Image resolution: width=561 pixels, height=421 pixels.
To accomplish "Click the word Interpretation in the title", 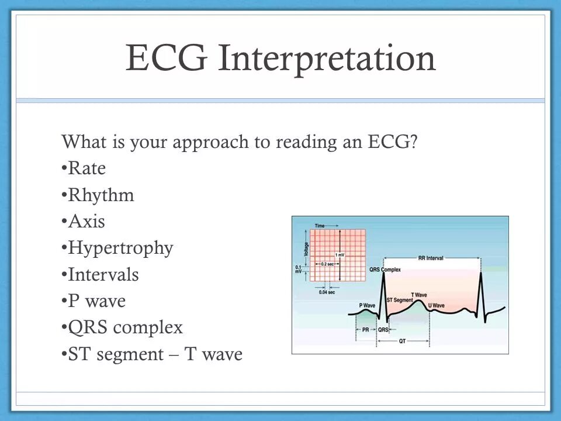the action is pyautogui.click(x=327, y=58).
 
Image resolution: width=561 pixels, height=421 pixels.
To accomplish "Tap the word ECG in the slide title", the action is pyautogui.click(x=167, y=57).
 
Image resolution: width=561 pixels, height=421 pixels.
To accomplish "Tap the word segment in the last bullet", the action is pyautogui.click(x=130, y=355).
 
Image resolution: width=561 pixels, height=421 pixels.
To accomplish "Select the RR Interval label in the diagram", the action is pyautogui.click(x=431, y=258).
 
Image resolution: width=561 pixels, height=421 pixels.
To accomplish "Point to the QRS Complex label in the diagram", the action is pyautogui.click(x=385, y=270).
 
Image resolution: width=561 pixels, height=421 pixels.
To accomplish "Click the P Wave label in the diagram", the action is pyautogui.click(x=367, y=305).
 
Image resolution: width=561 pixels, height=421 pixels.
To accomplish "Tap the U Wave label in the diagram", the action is pyautogui.click(x=436, y=305).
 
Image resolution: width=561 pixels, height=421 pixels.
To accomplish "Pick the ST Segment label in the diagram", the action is pyautogui.click(x=400, y=300).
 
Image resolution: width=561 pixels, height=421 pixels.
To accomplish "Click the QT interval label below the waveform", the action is pyautogui.click(x=403, y=341).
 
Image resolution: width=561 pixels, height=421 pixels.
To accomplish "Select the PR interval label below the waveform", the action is pyautogui.click(x=366, y=329).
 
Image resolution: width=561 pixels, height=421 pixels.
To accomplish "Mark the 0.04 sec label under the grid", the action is pyautogui.click(x=327, y=292).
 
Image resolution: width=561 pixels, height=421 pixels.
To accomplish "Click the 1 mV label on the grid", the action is pyautogui.click(x=340, y=255).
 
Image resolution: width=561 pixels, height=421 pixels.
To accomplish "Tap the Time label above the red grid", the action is pyautogui.click(x=320, y=226).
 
